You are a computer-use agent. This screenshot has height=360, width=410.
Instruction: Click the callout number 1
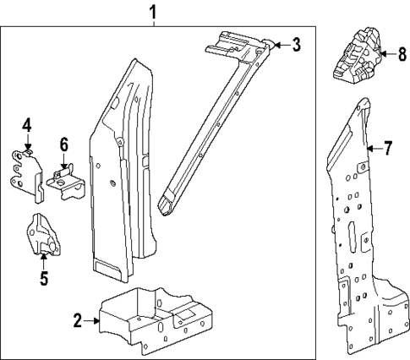point(153,13)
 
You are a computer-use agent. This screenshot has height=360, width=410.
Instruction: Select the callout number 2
point(77,321)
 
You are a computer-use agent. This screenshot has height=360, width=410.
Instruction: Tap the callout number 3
point(296,46)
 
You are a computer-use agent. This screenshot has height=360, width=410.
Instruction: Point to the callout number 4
point(27,126)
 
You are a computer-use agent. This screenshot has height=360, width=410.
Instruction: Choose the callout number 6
point(63,145)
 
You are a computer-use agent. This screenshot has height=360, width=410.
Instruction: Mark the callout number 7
point(388,150)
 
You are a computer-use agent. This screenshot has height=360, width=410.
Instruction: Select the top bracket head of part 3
point(241,45)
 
